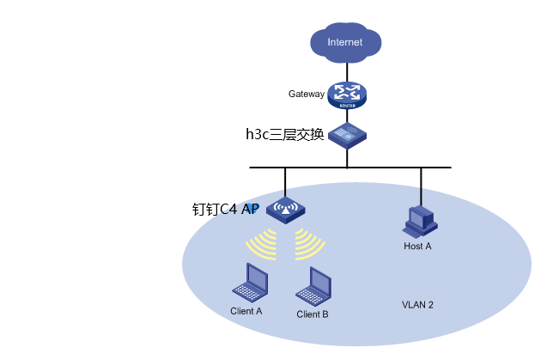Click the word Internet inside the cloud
345,42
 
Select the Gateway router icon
346,95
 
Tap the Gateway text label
307,94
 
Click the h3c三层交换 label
284,134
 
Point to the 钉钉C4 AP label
225,209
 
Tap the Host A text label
417,247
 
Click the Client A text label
246,311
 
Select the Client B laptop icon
318,284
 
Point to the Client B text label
313,314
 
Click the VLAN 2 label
418,305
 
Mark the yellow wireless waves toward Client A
264,245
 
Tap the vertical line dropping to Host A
421,186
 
